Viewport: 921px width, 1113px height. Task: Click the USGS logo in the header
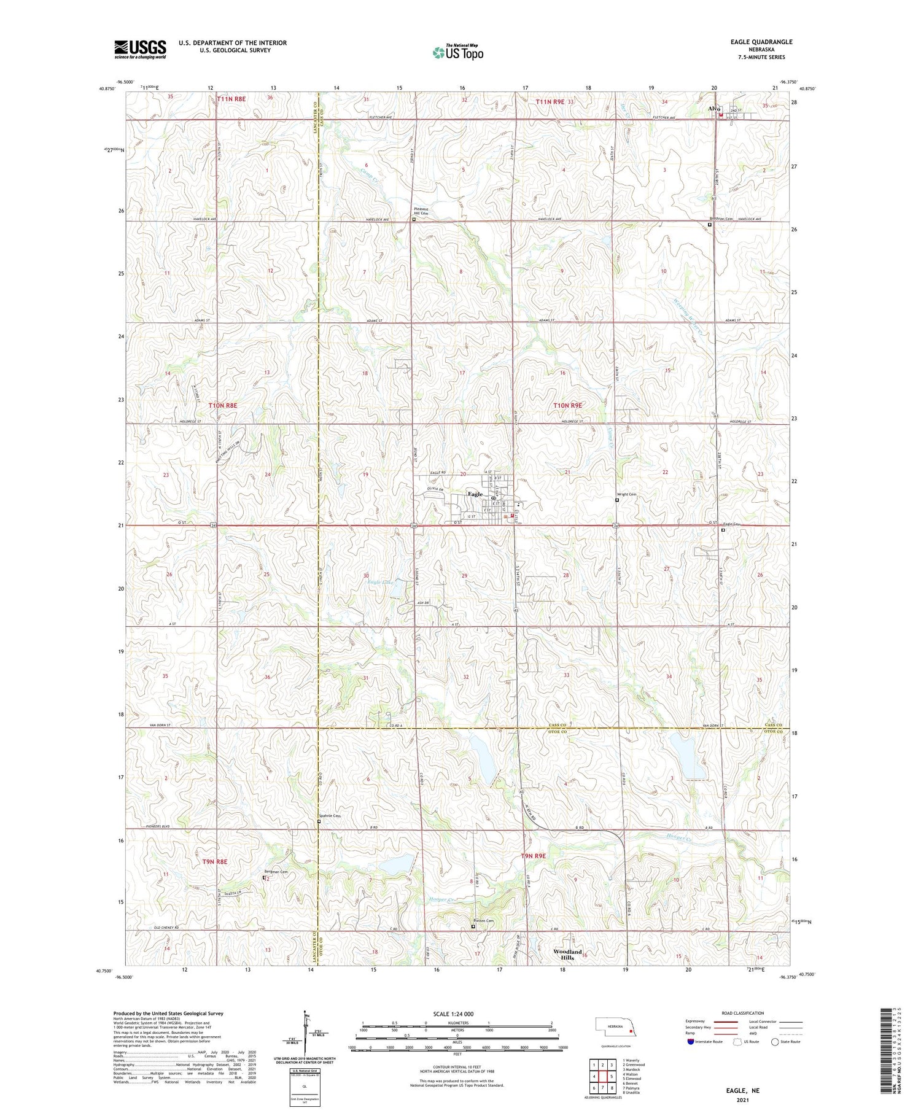tap(140, 49)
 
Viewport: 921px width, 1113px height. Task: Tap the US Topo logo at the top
tap(458, 52)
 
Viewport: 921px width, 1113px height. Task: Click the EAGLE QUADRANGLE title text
tap(752, 42)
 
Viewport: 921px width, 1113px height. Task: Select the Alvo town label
tap(713, 109)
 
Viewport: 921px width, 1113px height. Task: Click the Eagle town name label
tap(475, 494)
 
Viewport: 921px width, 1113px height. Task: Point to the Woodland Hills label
tap(567, 955)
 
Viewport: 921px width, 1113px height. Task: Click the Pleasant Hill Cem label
tap(420, 212)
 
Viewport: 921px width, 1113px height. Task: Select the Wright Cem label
tap(626, 494)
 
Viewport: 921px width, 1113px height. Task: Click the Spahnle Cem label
tap(329, 816)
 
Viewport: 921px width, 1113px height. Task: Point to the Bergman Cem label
tap(276, 872)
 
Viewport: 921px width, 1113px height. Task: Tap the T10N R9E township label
tap(567, 406)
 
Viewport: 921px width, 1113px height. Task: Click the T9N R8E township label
tap(214, 862)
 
